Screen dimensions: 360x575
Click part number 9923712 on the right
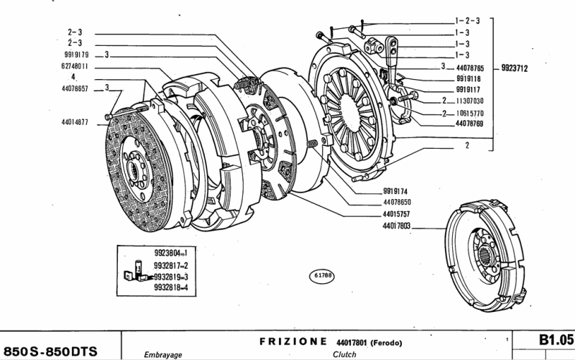point(515,69)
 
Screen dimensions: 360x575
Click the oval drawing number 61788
point(322,274)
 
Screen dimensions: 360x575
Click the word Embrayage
point(163,354)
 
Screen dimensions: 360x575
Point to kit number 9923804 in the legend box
point(166,253)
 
